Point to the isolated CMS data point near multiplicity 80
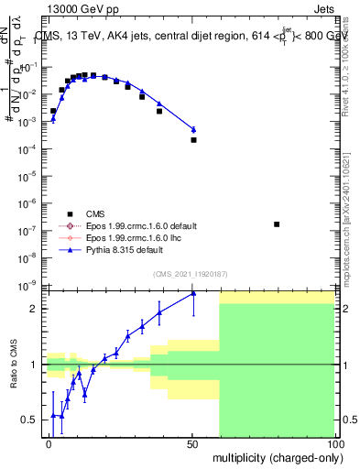pyautogui.click(x=277, y=224)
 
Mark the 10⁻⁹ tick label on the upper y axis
pyautogui.click(x=27, y=285)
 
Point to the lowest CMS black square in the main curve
pyautogui.click(x=193, y=140)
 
